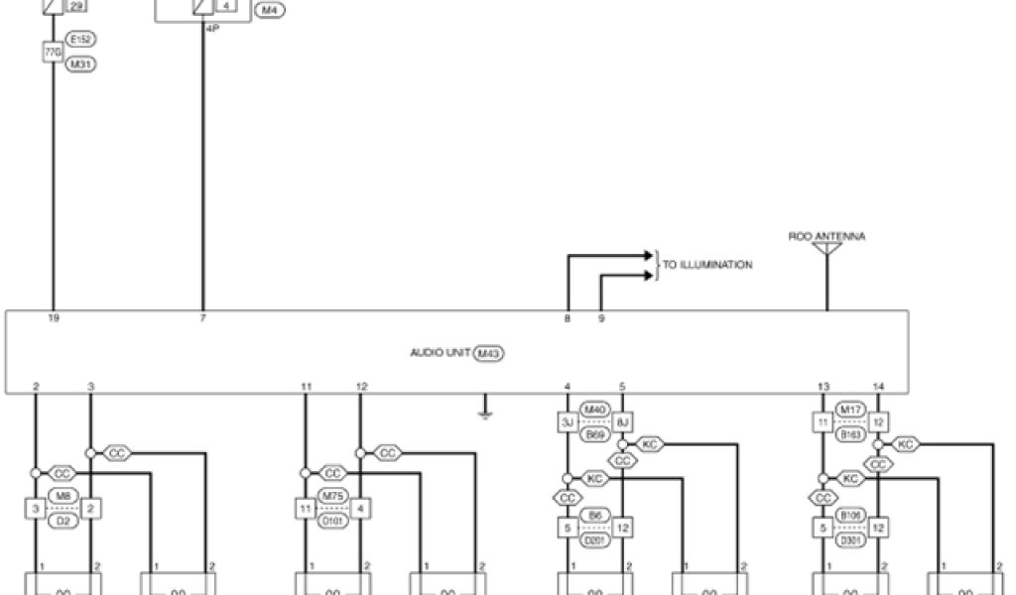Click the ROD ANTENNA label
coord(826,237)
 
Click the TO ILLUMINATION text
coord(707,265)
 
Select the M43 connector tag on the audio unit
coord(487,352)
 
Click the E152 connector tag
coord(80,40)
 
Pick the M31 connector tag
coord(80,63)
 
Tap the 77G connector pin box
coord(53,52)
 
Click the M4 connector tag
coord(269,10)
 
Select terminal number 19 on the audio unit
coord(54,319)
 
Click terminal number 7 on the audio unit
coord(203,319)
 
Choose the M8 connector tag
coord(62,495)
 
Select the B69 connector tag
coord(594,433)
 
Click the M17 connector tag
coord(850,409)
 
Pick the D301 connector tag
coord(851,540)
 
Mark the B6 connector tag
coord(594,516)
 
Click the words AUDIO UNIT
coord(441,352)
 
